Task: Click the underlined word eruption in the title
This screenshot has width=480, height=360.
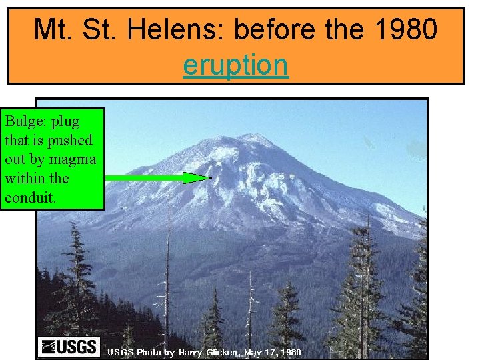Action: point(235,65)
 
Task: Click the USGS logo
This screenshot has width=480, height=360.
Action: point(69,347)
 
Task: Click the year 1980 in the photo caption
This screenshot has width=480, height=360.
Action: point(291,351)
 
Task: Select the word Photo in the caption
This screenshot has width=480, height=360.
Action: point(149,351)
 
